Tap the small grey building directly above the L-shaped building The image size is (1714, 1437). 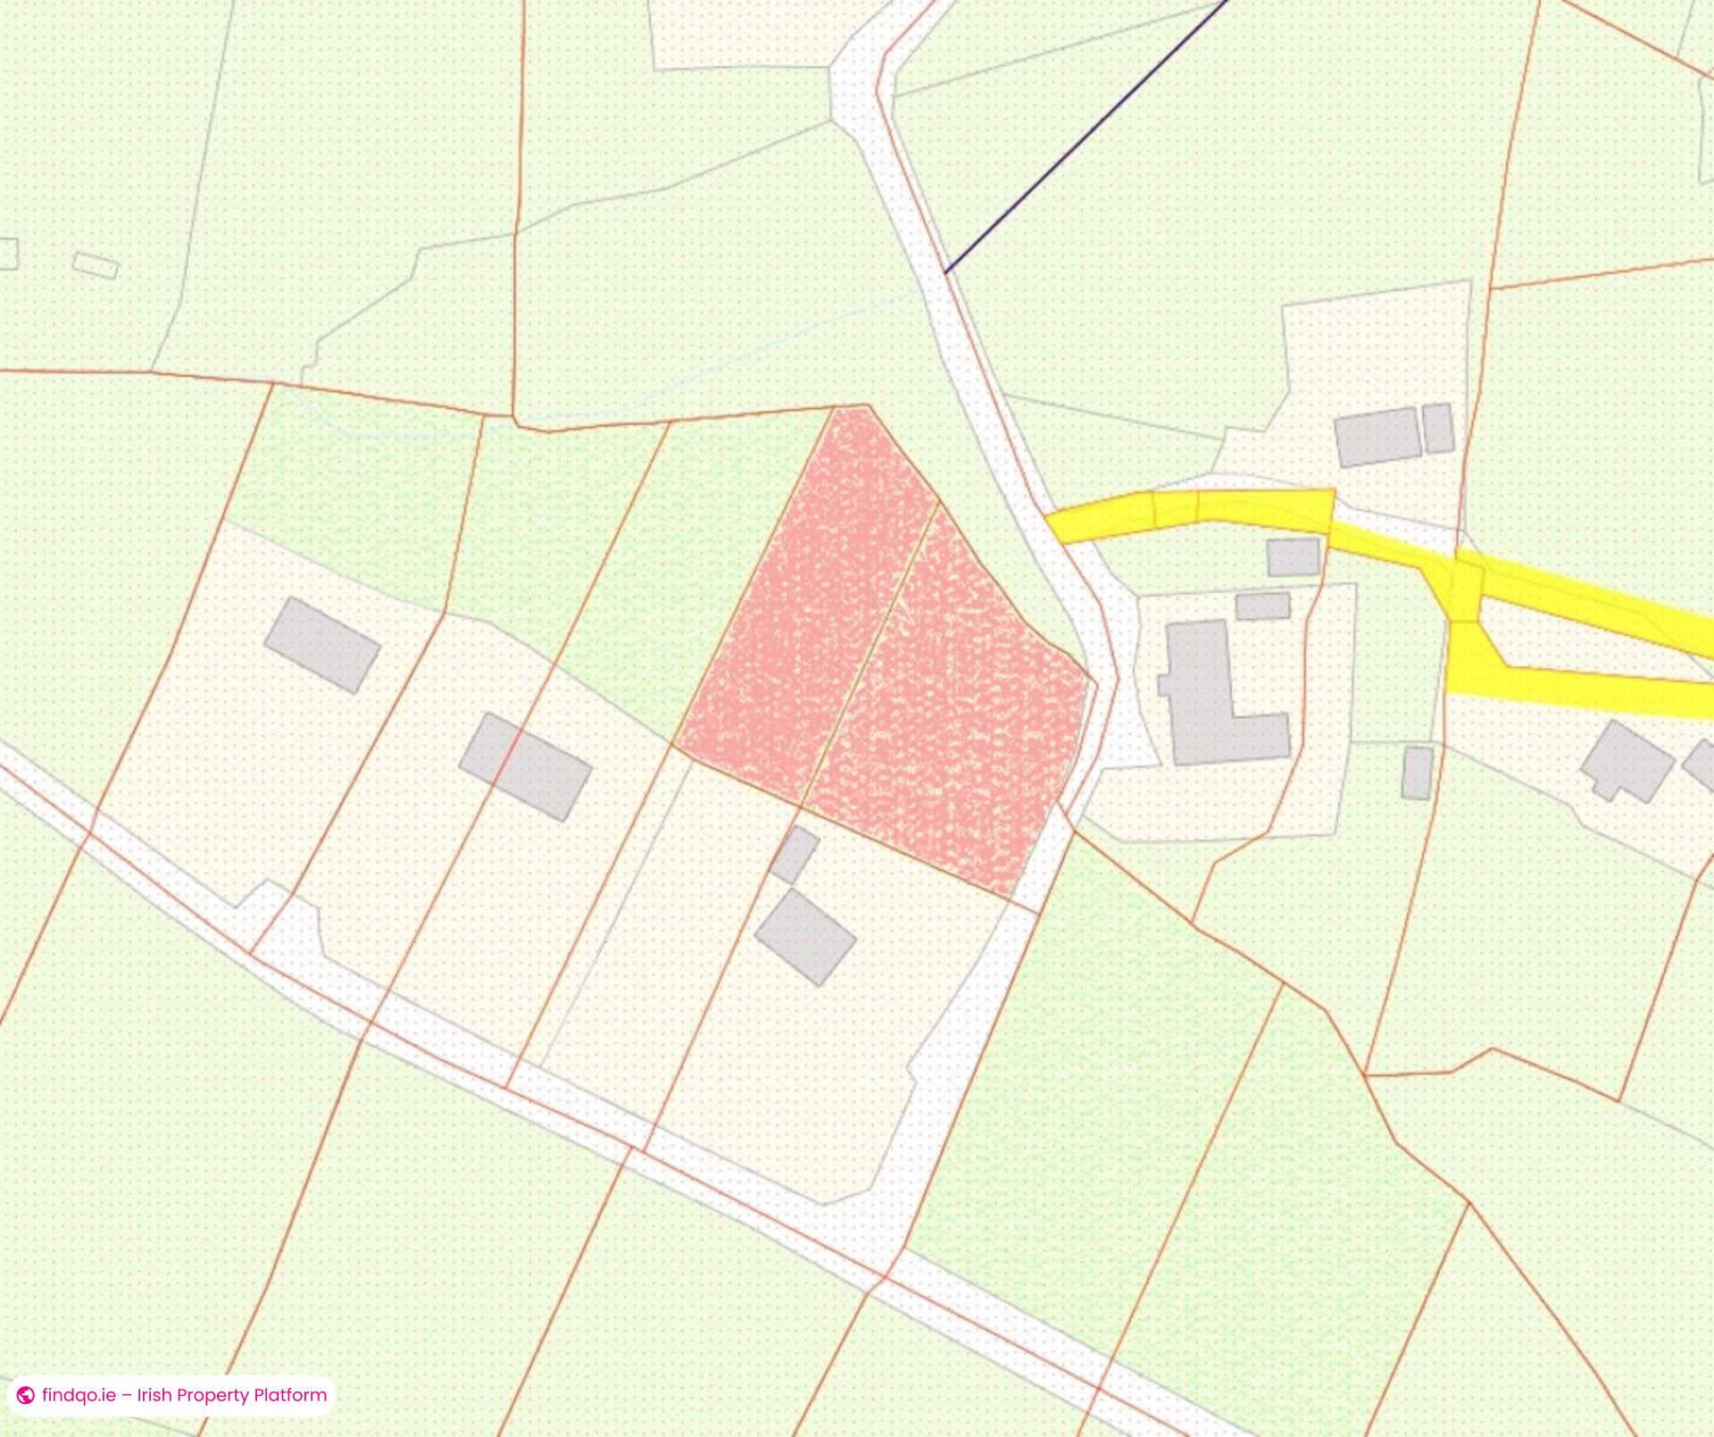[x=1262, y=606]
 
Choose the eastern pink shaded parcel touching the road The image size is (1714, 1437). [x=955, y=714]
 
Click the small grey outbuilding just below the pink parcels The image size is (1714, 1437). [x=794, y=855]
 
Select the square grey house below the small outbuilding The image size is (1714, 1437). [x=805, y=937]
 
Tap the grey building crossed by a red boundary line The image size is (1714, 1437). [x=525, y=766]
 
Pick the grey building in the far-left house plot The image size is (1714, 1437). [x=322, y=645]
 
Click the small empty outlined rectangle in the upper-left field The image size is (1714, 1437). [x=95, y=265]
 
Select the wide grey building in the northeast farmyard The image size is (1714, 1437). [x=1377, y=437]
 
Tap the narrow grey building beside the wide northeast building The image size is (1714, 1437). [x=1437, y=428]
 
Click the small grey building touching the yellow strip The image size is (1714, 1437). [x=1293, y=556]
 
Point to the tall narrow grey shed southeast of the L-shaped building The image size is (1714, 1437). [x=1417, y=773]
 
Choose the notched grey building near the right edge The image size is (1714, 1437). [x=1627, y=762]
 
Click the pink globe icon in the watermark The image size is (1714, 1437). [x=26, y=1395]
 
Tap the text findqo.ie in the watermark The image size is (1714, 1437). [x=79, y=1395]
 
